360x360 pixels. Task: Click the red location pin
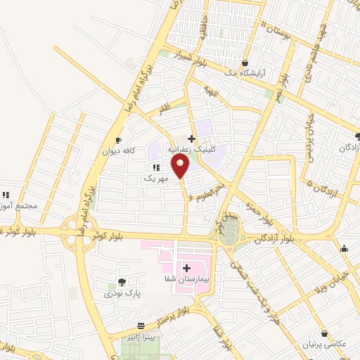[181, 166]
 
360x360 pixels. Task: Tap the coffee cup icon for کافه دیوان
[119, 139]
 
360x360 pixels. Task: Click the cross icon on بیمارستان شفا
[187, 267]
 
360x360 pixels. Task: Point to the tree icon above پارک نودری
[122, 282]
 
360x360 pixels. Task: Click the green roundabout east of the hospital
[228, 235]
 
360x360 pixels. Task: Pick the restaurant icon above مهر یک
[155, 167]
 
